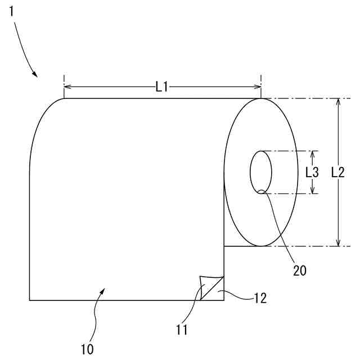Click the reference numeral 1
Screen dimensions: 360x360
pyautogui.click(x=11, y=11)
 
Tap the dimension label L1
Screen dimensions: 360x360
pyautogui.click(x=162, y=87)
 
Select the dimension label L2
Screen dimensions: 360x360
pyautogui.click(x=338, y=172)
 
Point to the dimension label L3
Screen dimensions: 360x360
pyautogui.click(x=312, y=172)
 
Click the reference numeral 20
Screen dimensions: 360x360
pyautogui.click(x=300, y=271)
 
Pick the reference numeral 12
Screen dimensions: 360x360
pyautogui.click(x=260, y=298)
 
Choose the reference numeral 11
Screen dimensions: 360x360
pyautogui.click(x=182, y=330)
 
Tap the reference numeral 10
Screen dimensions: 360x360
pyautogui.click(x=87, y=349)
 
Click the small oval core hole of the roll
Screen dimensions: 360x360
pyautogui.click(x=261, y=172)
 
